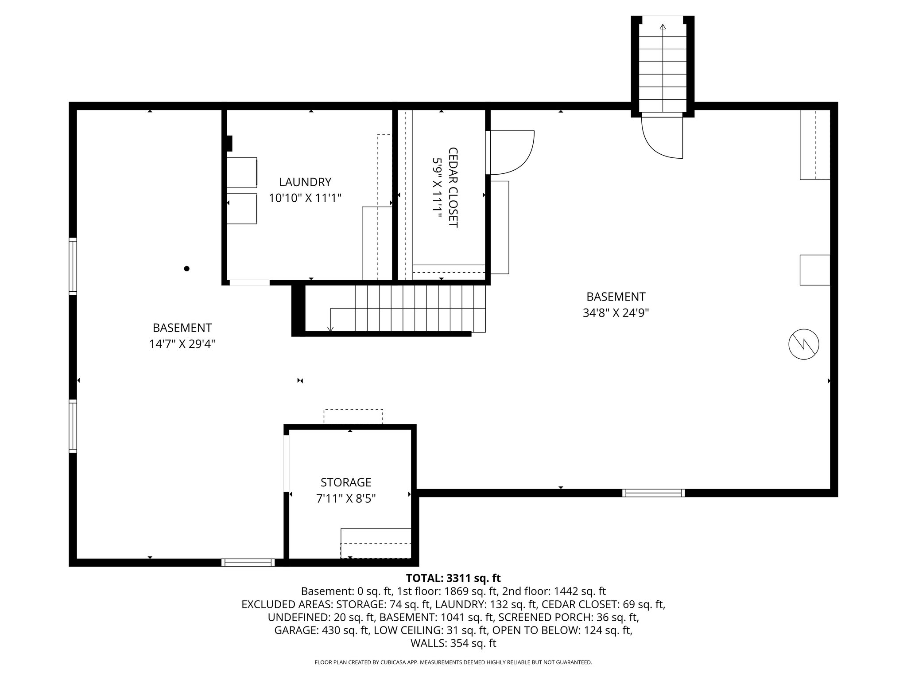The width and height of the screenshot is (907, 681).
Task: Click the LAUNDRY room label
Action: (x=305, y=182)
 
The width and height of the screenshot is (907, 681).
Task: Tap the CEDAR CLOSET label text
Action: (x=453, y=187)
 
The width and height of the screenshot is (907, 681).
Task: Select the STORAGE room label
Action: (x=345, y=482)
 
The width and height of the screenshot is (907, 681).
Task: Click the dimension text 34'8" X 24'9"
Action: (x=616, y=313)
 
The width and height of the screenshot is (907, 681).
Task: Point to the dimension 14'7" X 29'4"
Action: (x=182, y=344)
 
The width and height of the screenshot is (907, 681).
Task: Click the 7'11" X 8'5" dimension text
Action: (x=345, y=499)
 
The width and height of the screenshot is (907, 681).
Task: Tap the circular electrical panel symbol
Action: (x=804, y=344)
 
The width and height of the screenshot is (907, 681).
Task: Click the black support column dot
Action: (x=187, y=268)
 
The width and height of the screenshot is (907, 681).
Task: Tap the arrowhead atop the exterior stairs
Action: (x=663, y=27)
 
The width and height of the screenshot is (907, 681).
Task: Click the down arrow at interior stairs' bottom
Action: (x=330, y=329)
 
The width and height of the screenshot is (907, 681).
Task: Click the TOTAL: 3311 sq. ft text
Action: (x=453, y=578)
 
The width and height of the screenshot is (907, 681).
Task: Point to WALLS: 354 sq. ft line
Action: (x=453, y=643)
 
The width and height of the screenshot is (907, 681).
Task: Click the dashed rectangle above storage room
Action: (x=353, y=416)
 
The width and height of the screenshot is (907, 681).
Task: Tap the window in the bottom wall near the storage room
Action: (x=248, y=563)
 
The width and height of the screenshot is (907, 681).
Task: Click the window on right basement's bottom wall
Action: (x=653, y=493)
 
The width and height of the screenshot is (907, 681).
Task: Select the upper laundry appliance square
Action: (x=242, y=172)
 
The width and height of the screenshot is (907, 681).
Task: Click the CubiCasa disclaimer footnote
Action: (x=453, y=662)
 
